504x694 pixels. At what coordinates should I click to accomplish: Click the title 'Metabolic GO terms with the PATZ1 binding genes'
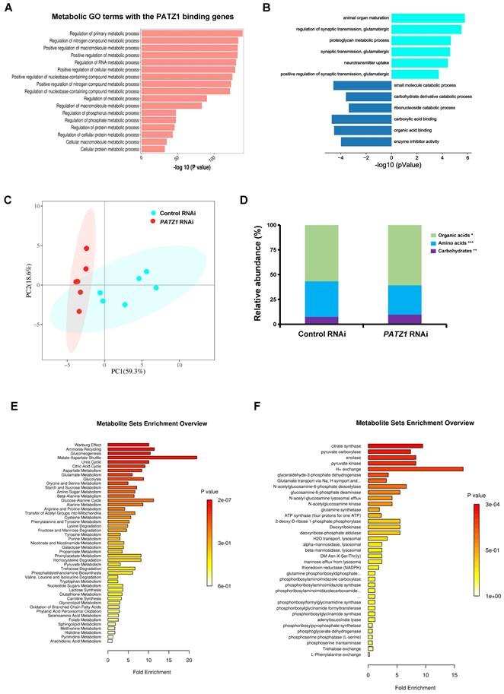coord(136,16)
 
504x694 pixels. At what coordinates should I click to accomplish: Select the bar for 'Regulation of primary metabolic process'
coord(191,33)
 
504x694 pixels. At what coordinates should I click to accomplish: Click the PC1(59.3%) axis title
coord(120,371)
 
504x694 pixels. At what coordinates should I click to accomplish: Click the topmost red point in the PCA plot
coord(87,249)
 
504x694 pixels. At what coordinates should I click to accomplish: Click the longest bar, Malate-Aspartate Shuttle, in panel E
coord(152,458)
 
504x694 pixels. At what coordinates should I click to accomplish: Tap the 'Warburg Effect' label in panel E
coord(91,445)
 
